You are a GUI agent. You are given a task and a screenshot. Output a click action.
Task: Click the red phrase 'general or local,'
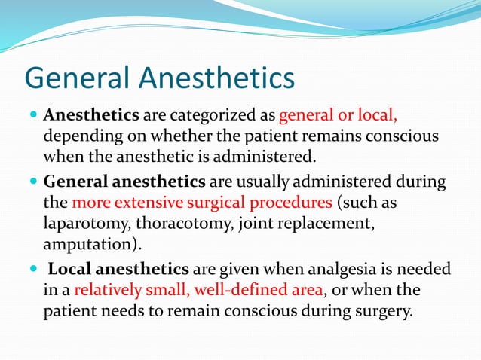click(339, 117)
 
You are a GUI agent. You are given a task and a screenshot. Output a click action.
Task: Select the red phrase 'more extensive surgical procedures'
click(202, 203)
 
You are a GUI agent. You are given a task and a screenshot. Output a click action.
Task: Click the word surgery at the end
click(383, 311)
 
